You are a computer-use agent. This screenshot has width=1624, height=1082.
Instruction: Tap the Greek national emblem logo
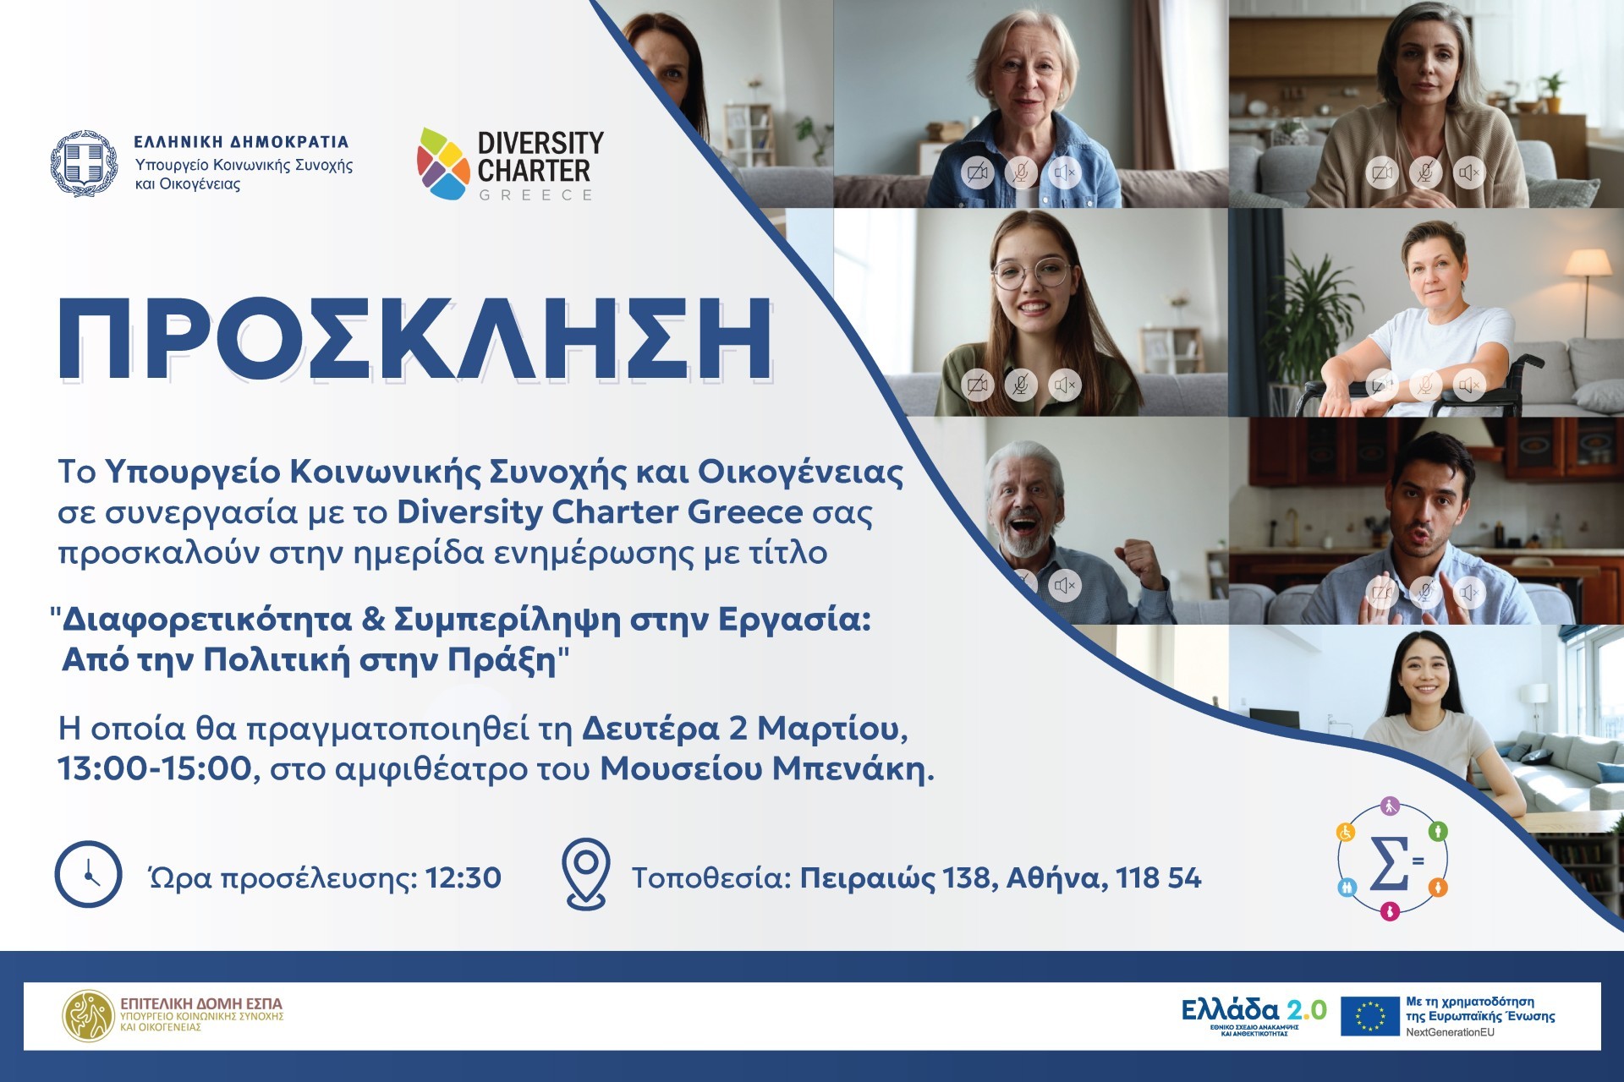[84, 164]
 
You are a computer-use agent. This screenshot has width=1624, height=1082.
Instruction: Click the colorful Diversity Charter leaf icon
[442, 164]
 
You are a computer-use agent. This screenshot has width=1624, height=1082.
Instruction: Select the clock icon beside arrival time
[88, 874]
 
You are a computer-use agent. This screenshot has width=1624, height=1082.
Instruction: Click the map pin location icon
[586, 874]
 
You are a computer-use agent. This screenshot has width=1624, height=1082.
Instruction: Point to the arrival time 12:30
[463, 878]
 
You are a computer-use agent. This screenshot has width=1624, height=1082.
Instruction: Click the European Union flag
[1369, 1016]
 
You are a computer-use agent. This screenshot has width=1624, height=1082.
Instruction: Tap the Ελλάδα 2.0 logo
[1254, 1014]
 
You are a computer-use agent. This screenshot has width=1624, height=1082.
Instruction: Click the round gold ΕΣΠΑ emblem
[88, 1015]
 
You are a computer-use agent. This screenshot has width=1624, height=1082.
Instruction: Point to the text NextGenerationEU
[1450, 1032]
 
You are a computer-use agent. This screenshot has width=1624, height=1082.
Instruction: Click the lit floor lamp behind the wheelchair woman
[1587, 279]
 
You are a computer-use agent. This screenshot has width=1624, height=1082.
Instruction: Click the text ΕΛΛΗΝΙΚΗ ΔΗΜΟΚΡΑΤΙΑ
[241, 141]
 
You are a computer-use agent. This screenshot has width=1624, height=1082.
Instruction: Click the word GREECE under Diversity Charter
[535, 194]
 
